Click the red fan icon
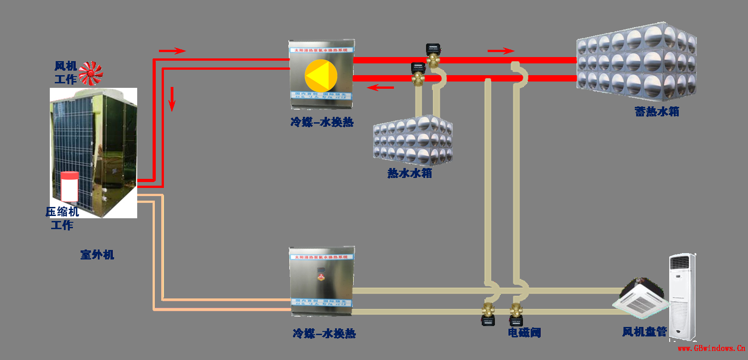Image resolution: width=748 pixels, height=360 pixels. click(91, 73)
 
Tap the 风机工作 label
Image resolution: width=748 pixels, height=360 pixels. click(66, 73)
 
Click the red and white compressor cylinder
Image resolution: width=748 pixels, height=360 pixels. click(70, 186)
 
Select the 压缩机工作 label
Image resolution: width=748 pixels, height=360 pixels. click(62, 218)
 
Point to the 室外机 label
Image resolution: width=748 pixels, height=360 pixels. click(97, 255)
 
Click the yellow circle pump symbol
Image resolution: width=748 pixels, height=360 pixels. click(321, 76)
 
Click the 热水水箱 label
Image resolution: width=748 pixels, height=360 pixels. click(410, 173)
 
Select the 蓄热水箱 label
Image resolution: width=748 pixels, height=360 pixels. click(657, 112)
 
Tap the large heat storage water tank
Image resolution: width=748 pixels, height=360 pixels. click(636, 62)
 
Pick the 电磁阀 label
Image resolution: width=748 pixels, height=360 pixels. click(524, 333)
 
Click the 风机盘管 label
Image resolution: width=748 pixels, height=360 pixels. click(644, 332)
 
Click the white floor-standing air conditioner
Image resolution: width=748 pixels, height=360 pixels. click(682, 297)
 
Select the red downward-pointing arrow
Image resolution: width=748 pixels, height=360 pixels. click(172, 98)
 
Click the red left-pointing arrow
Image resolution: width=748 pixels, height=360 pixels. click(380, 87)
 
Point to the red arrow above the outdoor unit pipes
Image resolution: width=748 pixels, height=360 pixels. click(172, 51)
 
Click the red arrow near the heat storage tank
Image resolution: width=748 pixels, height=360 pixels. click(501, 51)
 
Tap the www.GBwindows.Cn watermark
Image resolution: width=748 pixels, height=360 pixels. click(711, 348)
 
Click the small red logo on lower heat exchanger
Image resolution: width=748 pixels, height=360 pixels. click(321, 275)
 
